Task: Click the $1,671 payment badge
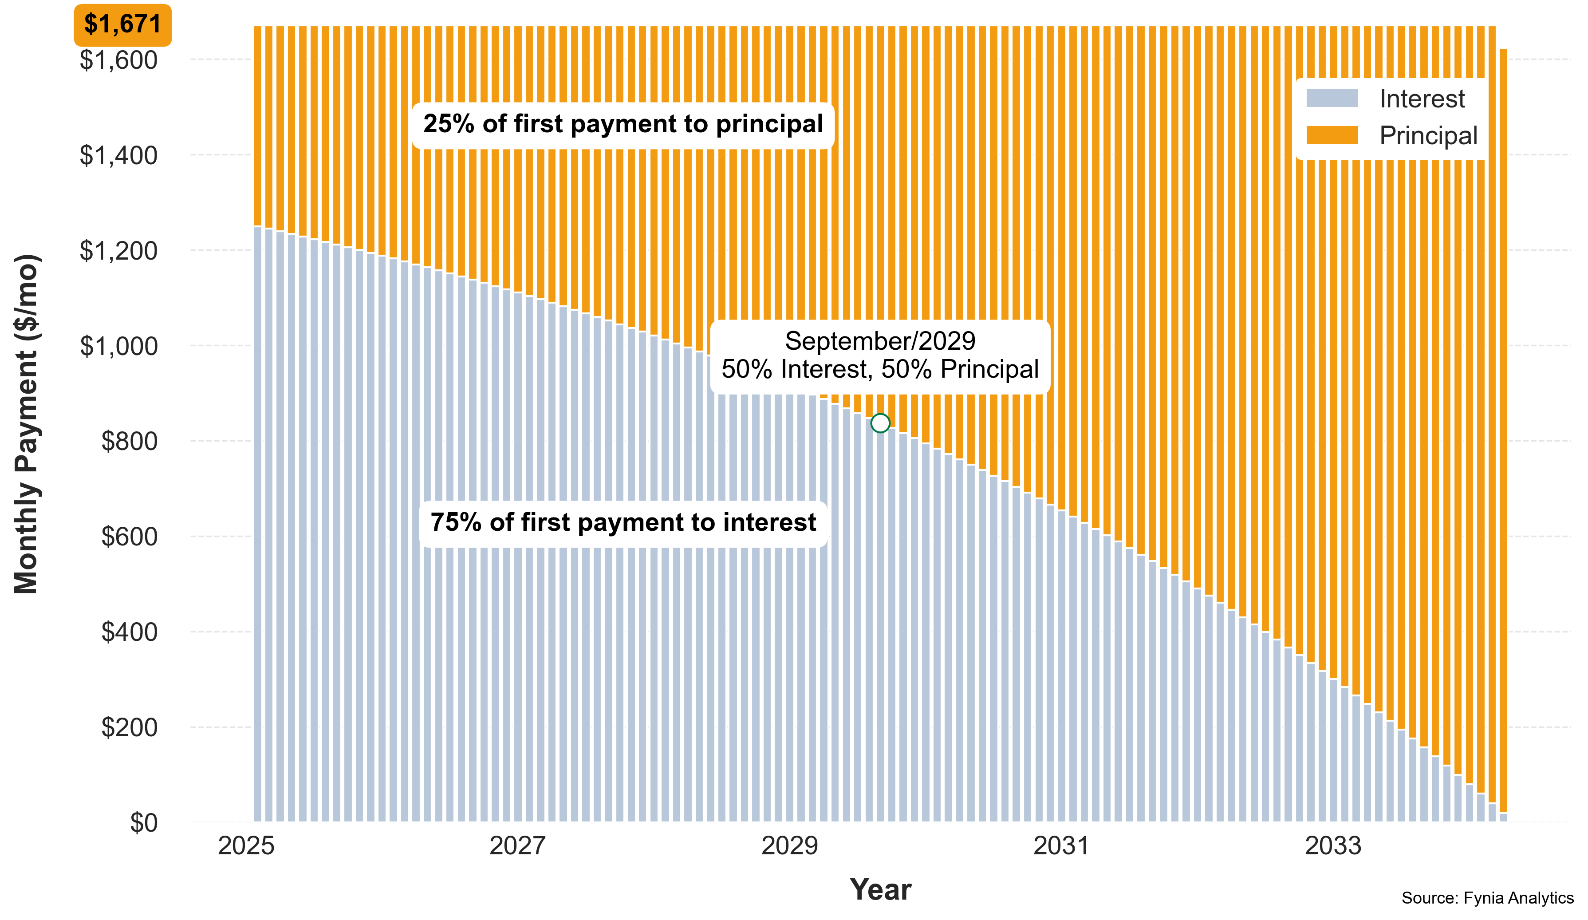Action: tap(122, 24)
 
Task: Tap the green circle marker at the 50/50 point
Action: tap(880, 423)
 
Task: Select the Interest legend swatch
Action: tap(1332, 98)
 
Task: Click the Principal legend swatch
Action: tap(1332, 135)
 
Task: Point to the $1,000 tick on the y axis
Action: tap(118, 346)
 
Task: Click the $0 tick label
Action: tap(144, 823)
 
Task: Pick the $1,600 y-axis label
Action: tap(118, 60)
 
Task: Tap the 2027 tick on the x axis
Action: tap(517, 845)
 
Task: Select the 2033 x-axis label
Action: tap(1333, 845)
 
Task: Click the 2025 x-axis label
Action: tap(246, 845)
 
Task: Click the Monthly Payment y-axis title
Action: tap(27, 423)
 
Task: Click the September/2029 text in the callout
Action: tap(880, 341)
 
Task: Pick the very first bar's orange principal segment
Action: tap(257, 126)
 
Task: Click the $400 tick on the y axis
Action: tap(129, 632)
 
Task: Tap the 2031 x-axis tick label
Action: tap(1061, 845)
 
